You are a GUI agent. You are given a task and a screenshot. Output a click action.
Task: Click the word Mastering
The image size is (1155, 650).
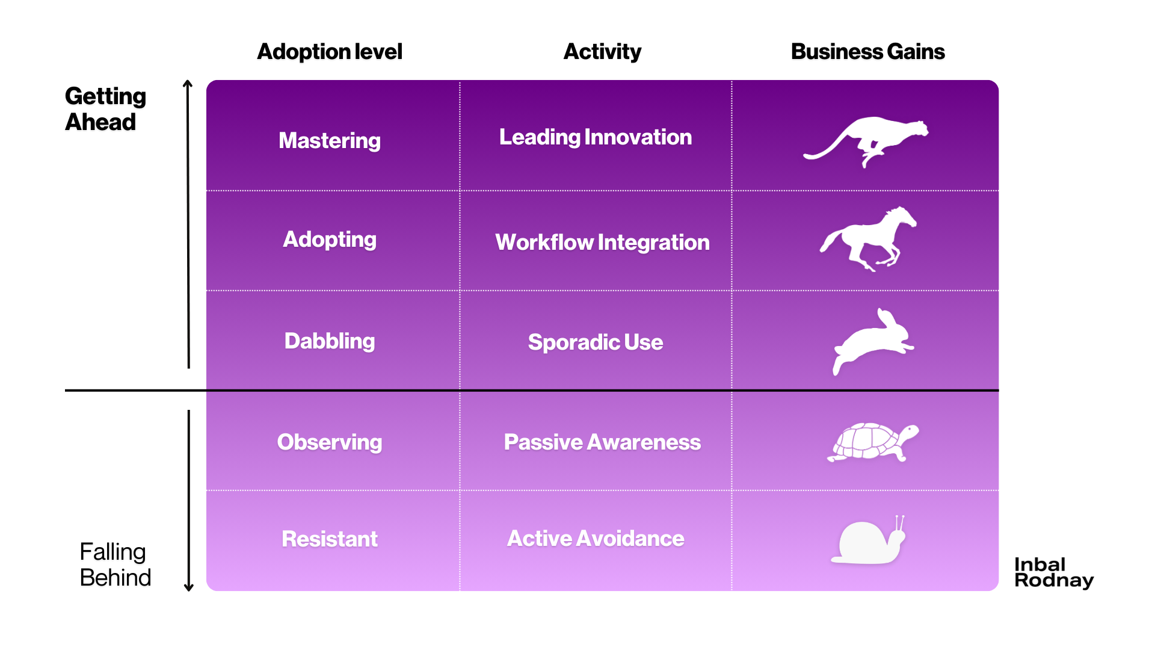click(x=330, y=141)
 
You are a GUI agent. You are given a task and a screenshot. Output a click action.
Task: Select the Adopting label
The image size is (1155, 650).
click(x=330, y=240)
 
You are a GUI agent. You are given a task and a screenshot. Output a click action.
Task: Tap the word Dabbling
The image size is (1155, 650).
click(x=330, y=341)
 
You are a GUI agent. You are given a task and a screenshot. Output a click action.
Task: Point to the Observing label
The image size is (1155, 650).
click(x=330, y=442)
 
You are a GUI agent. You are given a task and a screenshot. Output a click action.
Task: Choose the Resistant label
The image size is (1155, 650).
click(x=330, y=539)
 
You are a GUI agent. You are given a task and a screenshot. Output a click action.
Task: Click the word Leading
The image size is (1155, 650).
click(x=540, y=137)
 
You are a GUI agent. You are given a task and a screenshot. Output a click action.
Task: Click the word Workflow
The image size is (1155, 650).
click(x=544, y=243)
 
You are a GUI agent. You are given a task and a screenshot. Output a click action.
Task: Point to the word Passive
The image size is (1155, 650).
click(x=543, y=442)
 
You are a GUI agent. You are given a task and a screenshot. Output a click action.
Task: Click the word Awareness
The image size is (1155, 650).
click(x=644, y=442)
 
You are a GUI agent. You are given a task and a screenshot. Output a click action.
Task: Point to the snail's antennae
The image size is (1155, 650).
click(x=900, y=522)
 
